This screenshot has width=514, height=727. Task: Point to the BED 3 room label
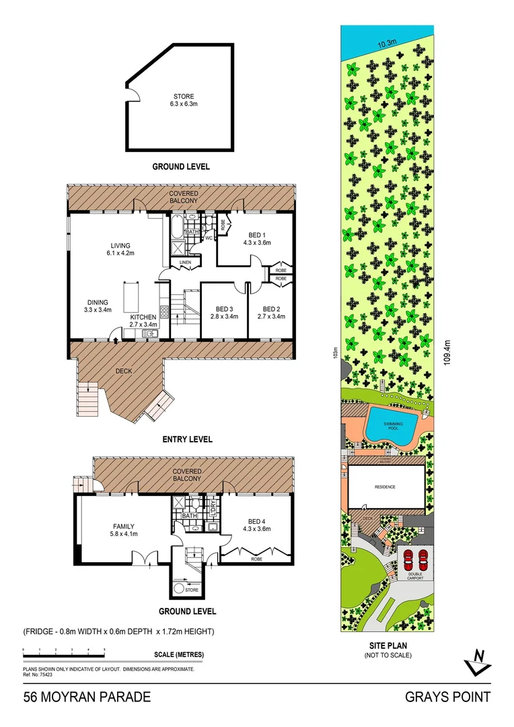pyautogui.click(x=224, y=312)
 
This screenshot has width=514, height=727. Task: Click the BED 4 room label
pyautogui.click(x=258, y=525)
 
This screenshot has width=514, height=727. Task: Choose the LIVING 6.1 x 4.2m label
pyautogui.click(x=120, y=249)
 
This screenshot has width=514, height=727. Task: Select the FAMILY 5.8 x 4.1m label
pyautogui.click(x=122, y=530)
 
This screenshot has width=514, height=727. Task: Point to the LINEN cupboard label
pyautogui.click(x=184, y=262)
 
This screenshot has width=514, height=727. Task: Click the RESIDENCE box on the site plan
pyautogui.click(x=385, y=487)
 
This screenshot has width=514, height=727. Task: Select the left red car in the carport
pyautogui.click(x=408, y=559)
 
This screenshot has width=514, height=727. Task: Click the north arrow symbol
pyautogui.click(x=478, y=661)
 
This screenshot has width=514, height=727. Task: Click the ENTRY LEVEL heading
pyautogui.click(x=187, y=440)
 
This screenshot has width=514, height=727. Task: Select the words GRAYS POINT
pyautogui.click(x=447, y=697)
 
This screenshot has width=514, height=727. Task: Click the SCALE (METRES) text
pyautogui.click(x=179, y=655)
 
